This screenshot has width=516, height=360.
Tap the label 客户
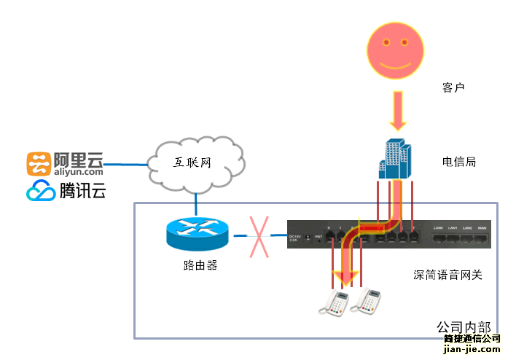453,87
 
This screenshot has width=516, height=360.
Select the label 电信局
459,162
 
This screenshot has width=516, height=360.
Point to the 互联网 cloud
193,163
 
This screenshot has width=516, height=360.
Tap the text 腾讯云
82,191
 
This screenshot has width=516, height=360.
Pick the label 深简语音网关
447,275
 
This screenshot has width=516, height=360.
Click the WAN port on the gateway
482,238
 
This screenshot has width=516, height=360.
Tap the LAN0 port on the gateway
438,238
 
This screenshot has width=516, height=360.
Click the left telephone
336,302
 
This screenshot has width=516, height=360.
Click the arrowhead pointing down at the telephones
346,277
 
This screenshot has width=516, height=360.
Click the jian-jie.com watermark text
472,349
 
